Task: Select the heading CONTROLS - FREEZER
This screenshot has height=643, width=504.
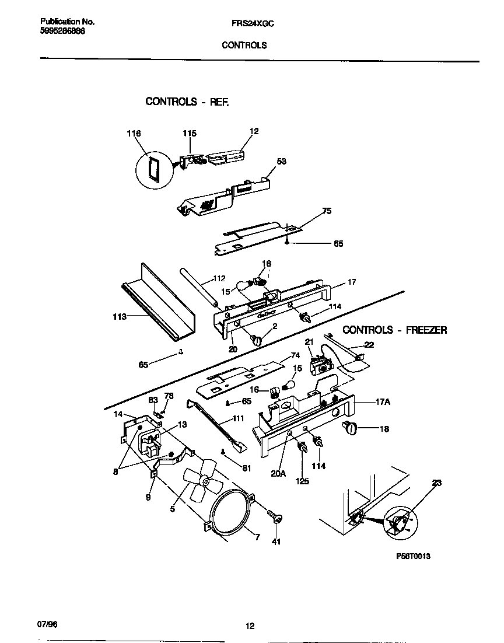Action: point(394,330)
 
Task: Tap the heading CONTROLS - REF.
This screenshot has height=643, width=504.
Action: point(187,102)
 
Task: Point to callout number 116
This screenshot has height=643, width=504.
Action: point(134,134)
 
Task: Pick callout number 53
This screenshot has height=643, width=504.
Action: point(282,161)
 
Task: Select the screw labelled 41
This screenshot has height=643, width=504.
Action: point(274,516)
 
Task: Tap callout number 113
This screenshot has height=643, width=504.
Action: point(118,317)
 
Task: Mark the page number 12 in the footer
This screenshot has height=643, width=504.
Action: point(250,627)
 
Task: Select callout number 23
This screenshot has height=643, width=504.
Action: point(437,483)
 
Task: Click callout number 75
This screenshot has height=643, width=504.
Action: point(327,211)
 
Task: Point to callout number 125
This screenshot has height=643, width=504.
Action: point(302,481)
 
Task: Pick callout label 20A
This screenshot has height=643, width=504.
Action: point(278,474)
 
